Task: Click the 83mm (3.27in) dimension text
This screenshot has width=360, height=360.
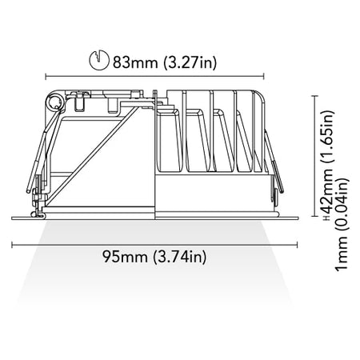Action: pos(165,62)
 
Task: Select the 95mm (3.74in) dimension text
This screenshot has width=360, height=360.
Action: pos(154,257)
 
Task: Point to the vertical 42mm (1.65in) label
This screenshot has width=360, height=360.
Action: pos(327,162)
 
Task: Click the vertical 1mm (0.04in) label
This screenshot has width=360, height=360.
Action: pos(342,225)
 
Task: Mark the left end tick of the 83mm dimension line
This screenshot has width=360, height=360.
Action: pos(46,77)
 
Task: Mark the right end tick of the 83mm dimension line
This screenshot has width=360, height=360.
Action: pos(263,77)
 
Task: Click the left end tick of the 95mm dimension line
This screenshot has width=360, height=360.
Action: pos(12,245)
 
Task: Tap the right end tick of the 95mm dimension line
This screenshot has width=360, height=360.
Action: pos(297,245)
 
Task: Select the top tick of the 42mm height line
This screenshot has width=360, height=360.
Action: pos(315,95)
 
